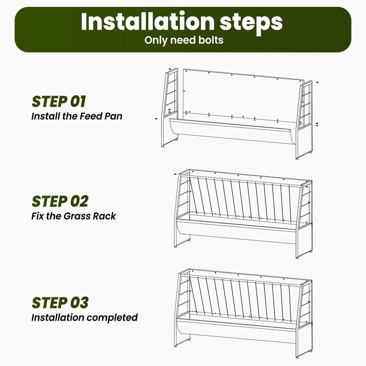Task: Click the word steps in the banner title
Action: point(251,23)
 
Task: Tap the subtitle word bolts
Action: point(211,40)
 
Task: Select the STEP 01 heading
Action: point(59,102)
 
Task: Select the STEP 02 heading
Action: point(60,201)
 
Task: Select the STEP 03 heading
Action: point(60,303)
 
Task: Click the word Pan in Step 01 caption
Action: point(113,116)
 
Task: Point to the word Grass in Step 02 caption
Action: point(77,216)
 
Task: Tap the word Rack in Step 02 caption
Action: point(104,216)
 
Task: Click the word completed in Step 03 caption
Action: point(112,318)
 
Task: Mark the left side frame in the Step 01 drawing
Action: point(170,108)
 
